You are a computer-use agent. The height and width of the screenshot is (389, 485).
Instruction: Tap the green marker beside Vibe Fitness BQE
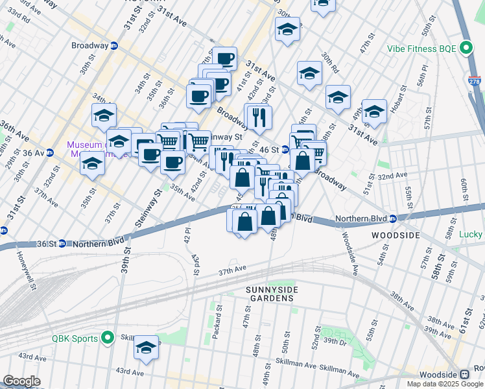pyautogui.click(x=466, y=48)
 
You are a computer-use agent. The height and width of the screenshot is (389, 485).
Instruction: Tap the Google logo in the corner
pyautogui.click(x=22, y=381)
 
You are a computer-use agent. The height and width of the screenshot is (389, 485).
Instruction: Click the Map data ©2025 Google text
pyautogui.click(x=444, y=384)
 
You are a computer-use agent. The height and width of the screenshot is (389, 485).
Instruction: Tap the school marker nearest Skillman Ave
pyautogui.click(x=147, y=348)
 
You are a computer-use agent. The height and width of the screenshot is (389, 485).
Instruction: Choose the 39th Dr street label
pyautogui.click(x=336, y=341)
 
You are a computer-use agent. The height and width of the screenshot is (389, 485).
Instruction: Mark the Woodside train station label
pyautogui.click(x=439, y=375)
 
